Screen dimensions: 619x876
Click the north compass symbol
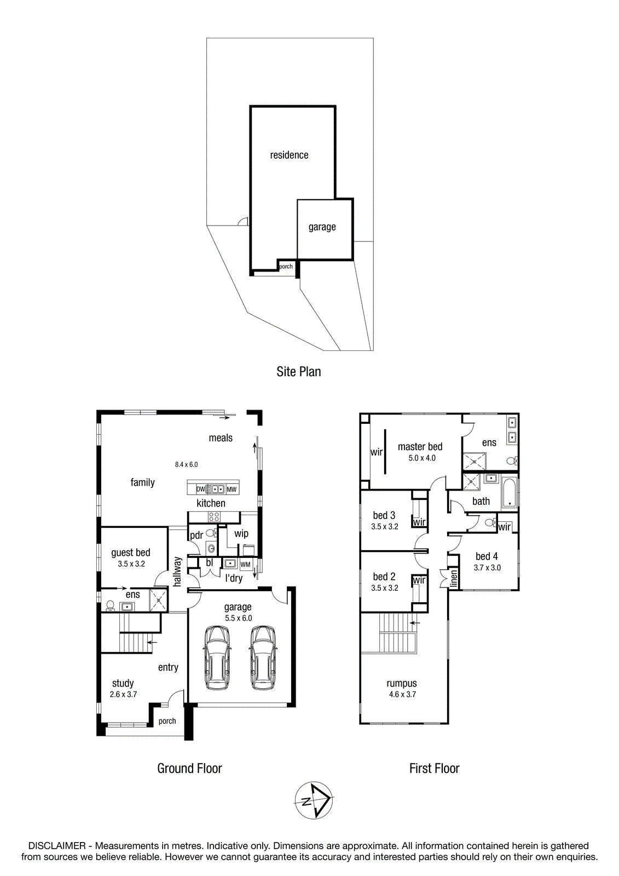click(x=313, y=800)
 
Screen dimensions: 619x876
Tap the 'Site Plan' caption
click(x=298, y=372)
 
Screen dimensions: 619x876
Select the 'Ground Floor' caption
click(x=189, y=769)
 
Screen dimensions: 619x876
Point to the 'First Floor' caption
click(x=434, y=769)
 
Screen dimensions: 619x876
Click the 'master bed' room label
click(x=420, y=447)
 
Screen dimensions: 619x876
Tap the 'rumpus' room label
click(x=402, y=683)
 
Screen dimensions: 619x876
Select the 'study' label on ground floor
click(x=123, y=683)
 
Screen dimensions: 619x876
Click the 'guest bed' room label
click(x=131, y=552)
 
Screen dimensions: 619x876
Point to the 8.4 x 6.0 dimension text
click(x=186, y=465)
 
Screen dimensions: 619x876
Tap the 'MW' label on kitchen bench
click(x=232, y=489)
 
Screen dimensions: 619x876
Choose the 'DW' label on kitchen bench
click(x=201, y=489)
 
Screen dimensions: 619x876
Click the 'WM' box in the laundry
click(x=245, y=564)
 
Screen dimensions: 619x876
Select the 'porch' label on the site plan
click(x=286, y=267)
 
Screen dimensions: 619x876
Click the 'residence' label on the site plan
click(x=289, y=155)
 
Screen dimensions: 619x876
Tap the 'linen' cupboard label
click(x=454, y=578)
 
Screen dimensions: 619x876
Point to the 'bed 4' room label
click(x=487, y=556)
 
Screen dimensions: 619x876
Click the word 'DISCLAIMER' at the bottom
click(x=57, y=846)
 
